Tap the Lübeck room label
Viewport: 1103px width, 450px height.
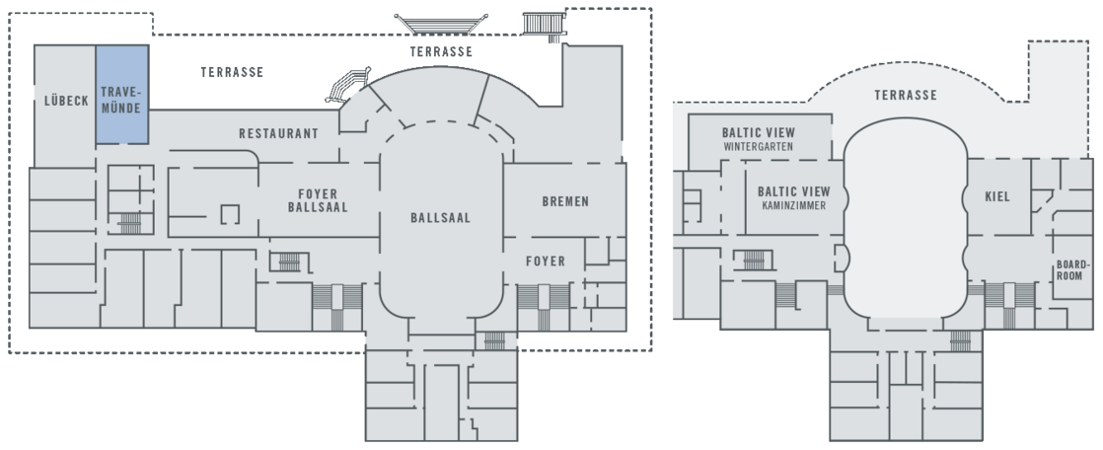click(67, 101)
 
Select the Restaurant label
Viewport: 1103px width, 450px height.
click(278, 133)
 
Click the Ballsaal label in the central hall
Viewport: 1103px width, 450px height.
click(440, 218)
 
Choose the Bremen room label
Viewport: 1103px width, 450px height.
click(565, 201)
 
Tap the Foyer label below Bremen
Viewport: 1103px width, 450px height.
click(545, 262)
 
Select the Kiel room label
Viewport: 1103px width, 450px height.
click(997, 197)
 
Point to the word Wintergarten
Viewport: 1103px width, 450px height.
click(758, 147)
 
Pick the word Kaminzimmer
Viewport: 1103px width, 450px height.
click(793, 207)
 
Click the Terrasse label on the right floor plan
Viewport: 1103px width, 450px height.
click(905, 96)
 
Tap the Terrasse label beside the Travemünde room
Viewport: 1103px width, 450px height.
click(231, 73)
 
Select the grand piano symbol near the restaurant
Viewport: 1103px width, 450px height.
click(347, 86)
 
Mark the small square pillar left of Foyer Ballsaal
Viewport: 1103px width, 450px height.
click(231, 212)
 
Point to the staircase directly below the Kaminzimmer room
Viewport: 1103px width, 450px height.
click(752, 260)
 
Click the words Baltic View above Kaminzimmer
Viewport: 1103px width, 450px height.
click(793, 191)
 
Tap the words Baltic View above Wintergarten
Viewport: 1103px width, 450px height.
click(758, 132)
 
